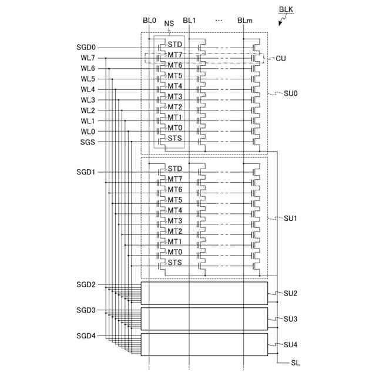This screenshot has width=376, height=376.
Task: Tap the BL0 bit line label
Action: [150, 21]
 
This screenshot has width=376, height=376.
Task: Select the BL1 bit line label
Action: [189, 21]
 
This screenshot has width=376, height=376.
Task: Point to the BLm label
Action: [245, 21]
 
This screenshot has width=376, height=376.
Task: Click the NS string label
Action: [169, 24]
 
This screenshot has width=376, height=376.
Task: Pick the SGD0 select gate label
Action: [86, 47]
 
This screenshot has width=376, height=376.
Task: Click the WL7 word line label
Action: [88, 58]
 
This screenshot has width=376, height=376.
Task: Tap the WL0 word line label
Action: [88, 132]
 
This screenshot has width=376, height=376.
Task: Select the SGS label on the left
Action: [88, 142]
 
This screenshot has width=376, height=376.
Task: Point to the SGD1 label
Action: [86, 172]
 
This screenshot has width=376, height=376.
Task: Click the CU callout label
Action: [281, 59]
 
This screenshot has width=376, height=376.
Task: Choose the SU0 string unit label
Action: [291, 93]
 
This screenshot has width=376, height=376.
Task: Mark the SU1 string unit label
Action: [291, 219]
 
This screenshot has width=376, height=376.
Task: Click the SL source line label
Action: [295, 364]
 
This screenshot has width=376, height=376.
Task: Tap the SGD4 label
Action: [86, 336]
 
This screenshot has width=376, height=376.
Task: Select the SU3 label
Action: [291, 319]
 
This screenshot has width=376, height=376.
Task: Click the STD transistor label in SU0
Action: [175, 44]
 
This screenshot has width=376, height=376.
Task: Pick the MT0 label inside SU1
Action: [175, 252]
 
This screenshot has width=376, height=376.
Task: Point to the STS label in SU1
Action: [175, 263]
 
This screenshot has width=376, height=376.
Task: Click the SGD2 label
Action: [86, 284]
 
